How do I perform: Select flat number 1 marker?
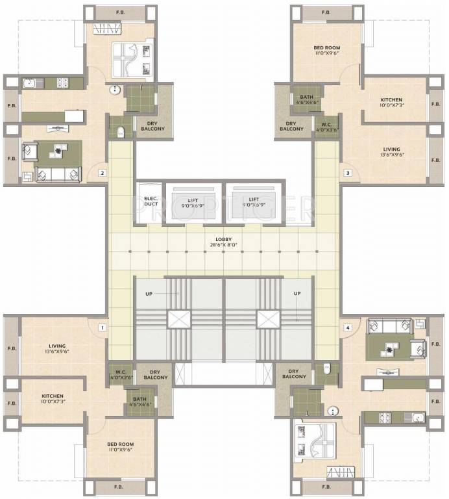pyautogui.click(x=102, y=328)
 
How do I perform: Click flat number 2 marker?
pyautogui.click(x=102, y=173)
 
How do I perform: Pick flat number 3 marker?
pyautogui.click(x=348, y=173)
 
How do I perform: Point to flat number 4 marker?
pyautogui.click(x=348, y=328)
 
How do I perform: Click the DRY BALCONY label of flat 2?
pyautogui.click(x=153, y=126)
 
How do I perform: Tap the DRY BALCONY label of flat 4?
pyautogui.click(x=294, y=374)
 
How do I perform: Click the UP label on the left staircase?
pyautogui.click(x=149, y=294)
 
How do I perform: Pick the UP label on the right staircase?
pyautogui.click(x=297, y=294)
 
